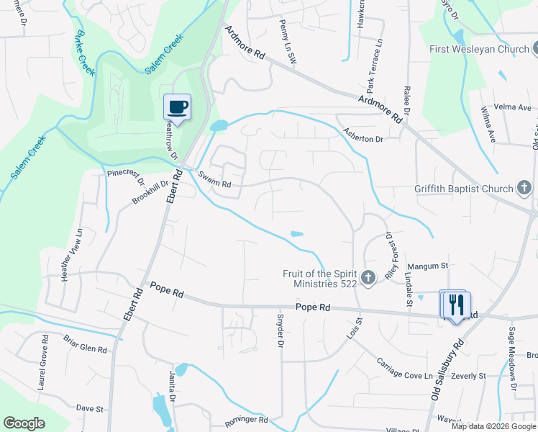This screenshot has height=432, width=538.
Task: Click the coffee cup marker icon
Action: point(177,108)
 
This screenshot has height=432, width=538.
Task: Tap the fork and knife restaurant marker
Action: point(455,304)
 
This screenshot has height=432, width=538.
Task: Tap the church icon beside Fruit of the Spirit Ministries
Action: point(368,278)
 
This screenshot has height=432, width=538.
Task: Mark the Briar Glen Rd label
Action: point(85,343)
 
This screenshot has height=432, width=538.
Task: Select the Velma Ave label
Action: point(515,107)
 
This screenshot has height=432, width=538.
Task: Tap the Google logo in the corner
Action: point(24,423)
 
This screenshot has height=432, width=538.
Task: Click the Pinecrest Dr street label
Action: point(126,176)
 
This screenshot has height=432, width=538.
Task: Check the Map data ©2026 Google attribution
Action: point(493,426)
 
